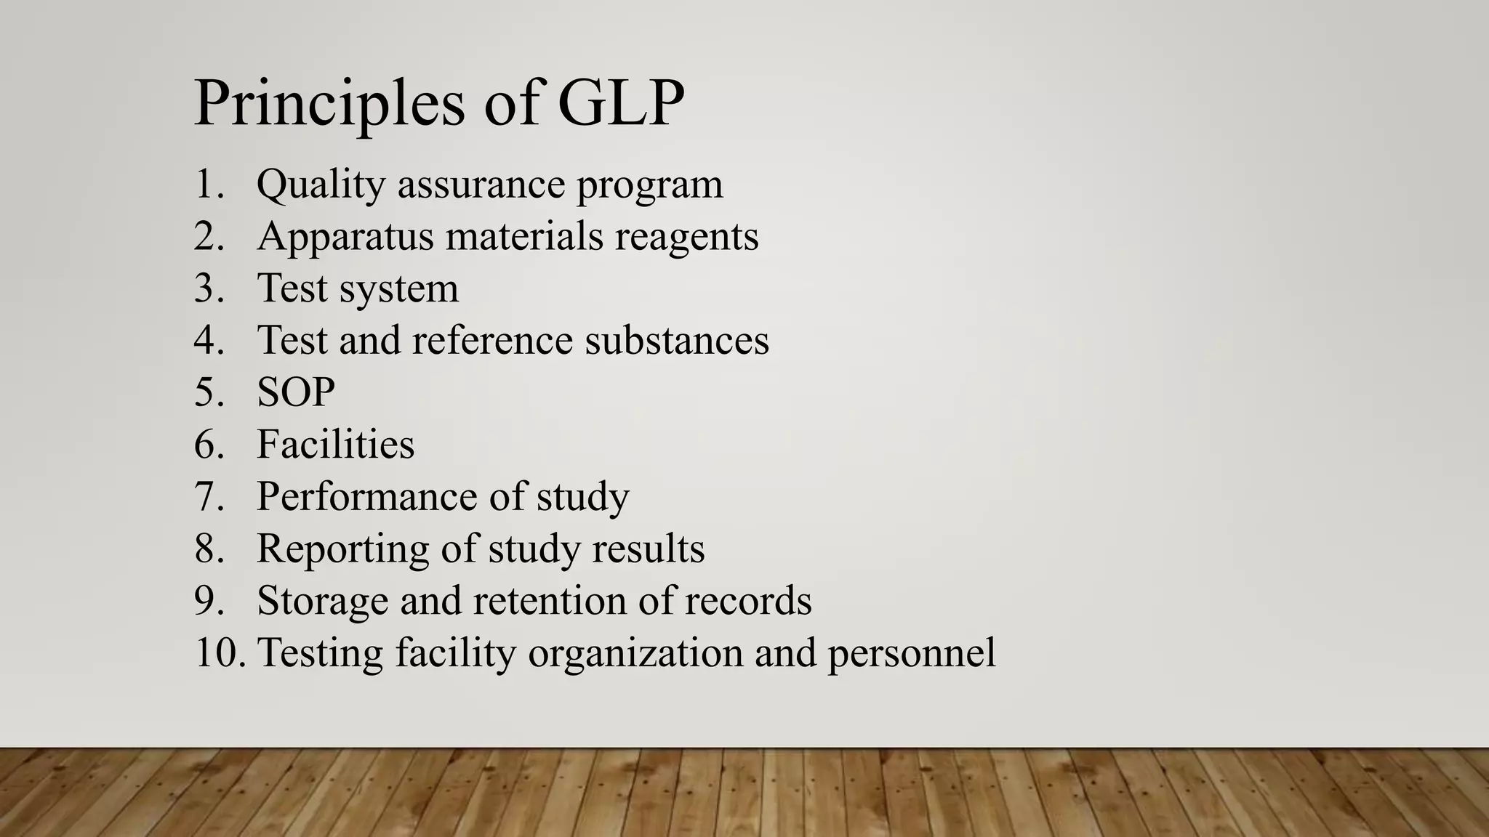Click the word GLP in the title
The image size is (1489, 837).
pyautogui.click(x=621, y=103)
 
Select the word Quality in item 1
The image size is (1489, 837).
pyautogui.click(x=320, y=185)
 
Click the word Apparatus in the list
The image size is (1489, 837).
pyautogui.click(x=345, y=237)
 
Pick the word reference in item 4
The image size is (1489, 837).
pyautogui.click(x=491, y=341)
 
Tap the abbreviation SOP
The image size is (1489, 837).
pyautogui.click(x=295, y=392)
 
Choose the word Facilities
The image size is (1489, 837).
pyautogui.click(x=335, y=445)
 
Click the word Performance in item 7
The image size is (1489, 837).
pyautogui.click(x=366, y=497)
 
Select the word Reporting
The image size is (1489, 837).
pyautogui.click(x=342, y=549)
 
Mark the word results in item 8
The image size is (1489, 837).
pyautogui.click(x=648, y=549)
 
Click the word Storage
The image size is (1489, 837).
pyautogui.click(x=322, y=602)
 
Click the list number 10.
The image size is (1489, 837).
pyautogui.click(x=217, y=652)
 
